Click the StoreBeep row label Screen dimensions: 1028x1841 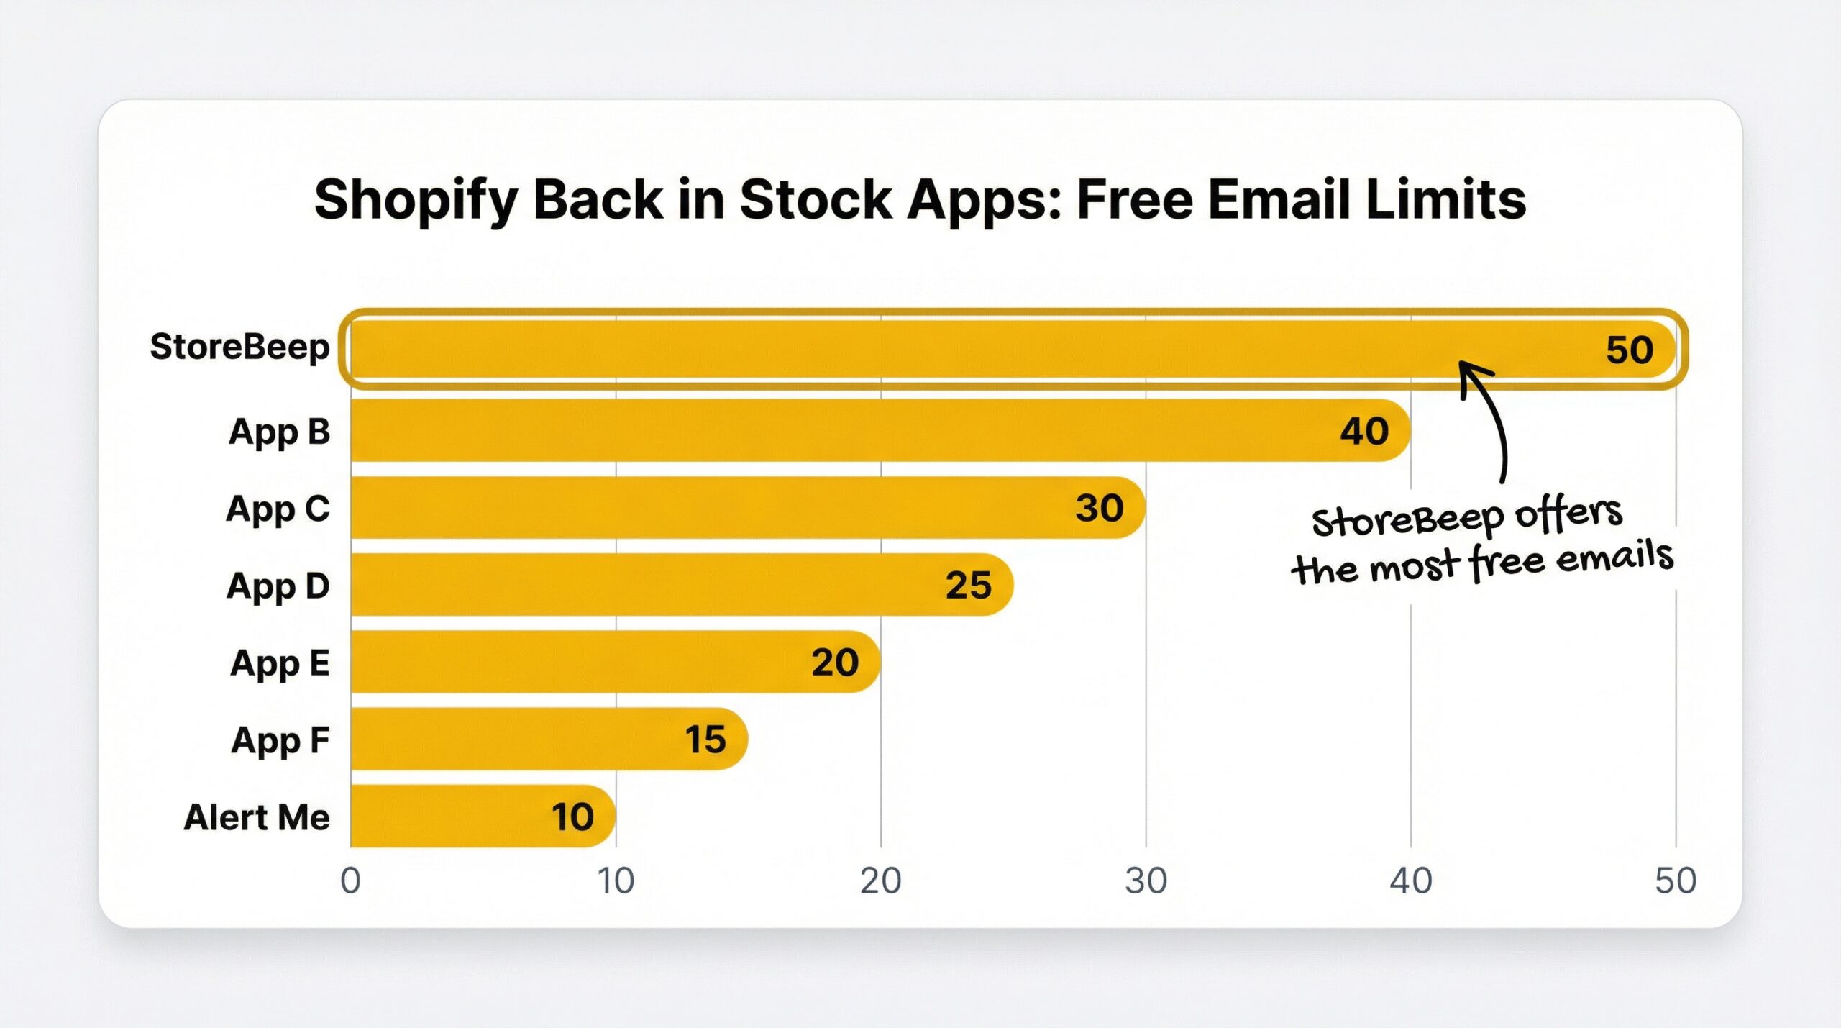239,347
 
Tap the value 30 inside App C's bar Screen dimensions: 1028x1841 1099,508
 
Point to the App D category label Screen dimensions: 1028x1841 278,586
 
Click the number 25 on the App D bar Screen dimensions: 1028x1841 968,585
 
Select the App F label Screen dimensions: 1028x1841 280,740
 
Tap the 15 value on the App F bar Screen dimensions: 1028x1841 705,740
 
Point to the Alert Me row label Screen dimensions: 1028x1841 257,818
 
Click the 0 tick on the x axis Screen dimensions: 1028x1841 350,881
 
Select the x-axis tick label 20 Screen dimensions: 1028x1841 880,881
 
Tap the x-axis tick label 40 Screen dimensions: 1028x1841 1410,881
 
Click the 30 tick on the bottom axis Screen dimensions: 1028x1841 1146,881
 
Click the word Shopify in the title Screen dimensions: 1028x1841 416,200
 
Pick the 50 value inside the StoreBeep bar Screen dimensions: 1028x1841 1630,350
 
